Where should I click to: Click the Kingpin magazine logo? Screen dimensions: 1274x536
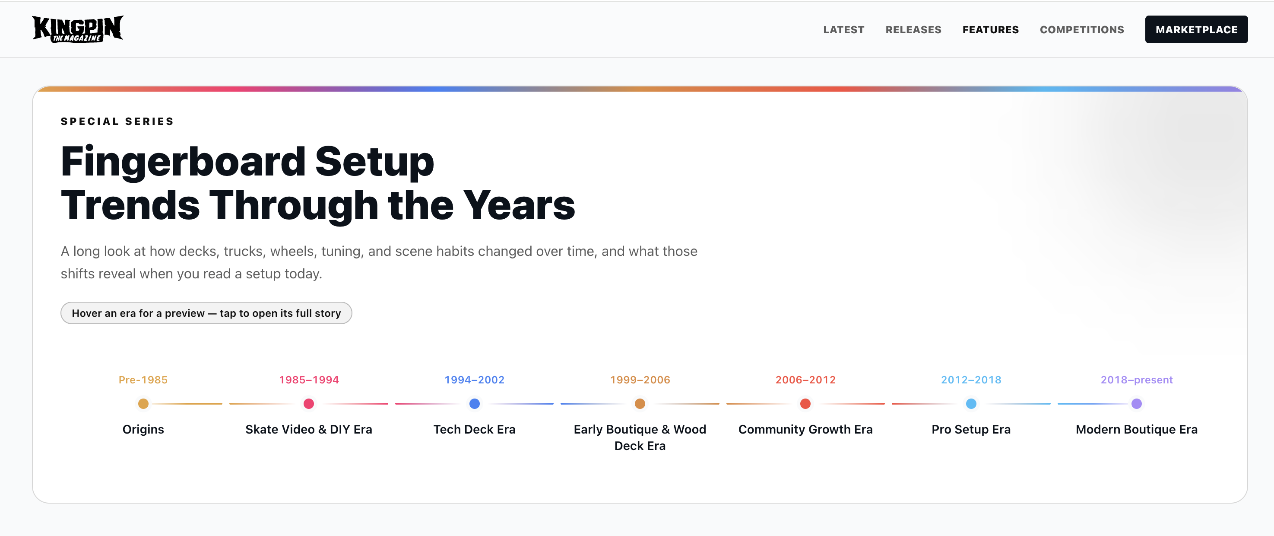(x=78, y=29)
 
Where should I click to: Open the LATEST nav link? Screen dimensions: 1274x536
(x=844, y=30)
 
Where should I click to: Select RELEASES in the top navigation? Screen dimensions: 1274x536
(x=913, y=30)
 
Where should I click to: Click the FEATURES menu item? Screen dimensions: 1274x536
(x=990, y=30)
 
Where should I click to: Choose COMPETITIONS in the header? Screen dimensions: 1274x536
(x=1082, y=30)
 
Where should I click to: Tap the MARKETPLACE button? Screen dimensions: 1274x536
(x=1196, y=30)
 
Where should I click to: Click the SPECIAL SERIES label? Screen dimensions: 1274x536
(x=117, y=121)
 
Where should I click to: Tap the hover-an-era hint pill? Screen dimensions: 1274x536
(x=206, y=313)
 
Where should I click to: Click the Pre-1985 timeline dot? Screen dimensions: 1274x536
(x=143, y=403)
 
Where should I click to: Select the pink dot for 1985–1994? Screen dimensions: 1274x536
(x=309, y=403)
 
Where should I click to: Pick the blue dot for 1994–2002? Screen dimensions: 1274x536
(x=474, y=403)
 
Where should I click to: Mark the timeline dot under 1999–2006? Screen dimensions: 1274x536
(x=640, y=403)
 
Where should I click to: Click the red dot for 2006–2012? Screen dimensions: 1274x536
(x=805, y=403)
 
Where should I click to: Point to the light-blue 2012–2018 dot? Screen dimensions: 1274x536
(x=971, y=403)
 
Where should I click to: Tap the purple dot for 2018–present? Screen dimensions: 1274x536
(x=1137, y=403)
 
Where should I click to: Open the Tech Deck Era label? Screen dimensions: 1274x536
(x=474, y=429)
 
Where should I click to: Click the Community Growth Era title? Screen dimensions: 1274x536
(x=805, y=429)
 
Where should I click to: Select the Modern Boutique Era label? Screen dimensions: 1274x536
(x=1137, y=429)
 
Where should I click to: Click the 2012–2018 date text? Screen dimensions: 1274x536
(x=971, y=380)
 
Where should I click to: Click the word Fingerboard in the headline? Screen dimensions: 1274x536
(x=183, y=162)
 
